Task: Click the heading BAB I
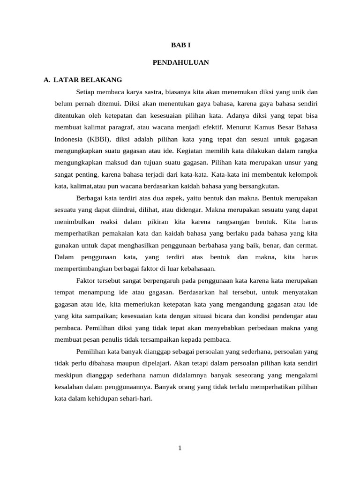[x=180, y=45]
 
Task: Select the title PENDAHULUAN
[x=180, y=62]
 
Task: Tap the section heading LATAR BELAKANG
[x=88, y=80]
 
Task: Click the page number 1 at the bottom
[x=180, y=448]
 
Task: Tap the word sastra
[x=147, y=92]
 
